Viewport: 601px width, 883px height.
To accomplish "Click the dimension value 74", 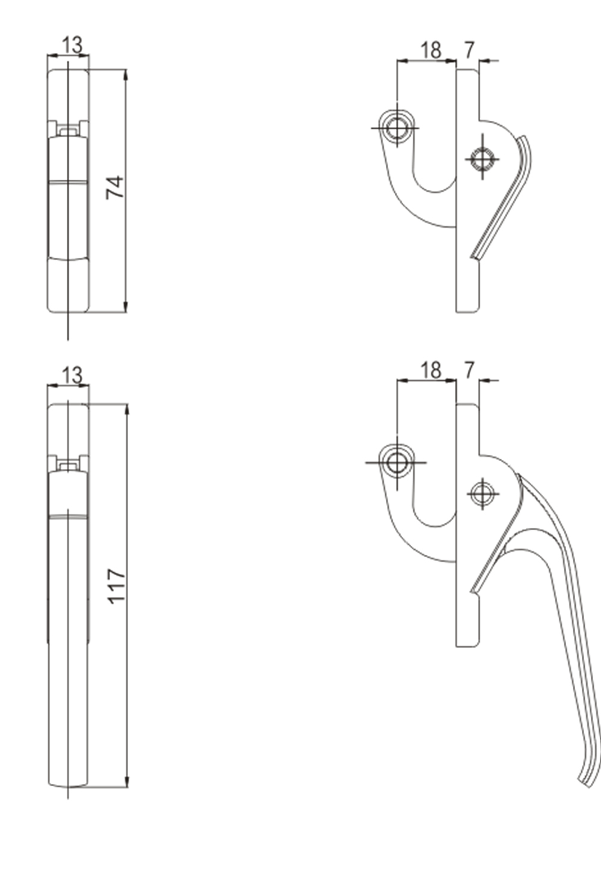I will coord(115,187).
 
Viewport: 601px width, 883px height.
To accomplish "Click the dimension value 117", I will coord(116,585).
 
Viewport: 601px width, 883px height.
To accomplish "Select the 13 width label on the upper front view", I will coord(72,44).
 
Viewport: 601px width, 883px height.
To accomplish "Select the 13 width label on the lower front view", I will coord(72,375).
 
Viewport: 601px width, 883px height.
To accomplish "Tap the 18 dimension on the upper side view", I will coord(430,50).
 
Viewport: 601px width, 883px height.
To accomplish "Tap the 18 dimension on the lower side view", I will coord(430,370).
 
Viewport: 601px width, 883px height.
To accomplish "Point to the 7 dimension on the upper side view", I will coord(469,49).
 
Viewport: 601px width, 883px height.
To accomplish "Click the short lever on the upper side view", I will coord(505,198).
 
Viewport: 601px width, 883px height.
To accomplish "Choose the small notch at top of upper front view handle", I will coord(68,128).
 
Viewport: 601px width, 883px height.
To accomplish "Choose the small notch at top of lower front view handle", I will coord(68,463).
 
